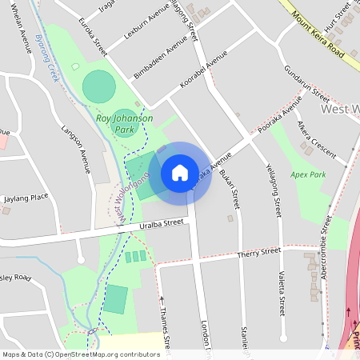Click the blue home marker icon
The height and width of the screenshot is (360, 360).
point(179,173)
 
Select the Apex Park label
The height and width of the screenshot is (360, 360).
point(309,174)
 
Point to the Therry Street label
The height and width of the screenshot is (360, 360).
point(259,254)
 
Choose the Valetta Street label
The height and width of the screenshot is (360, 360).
point(282,292)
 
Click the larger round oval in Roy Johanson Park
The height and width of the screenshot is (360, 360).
point(98,86)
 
